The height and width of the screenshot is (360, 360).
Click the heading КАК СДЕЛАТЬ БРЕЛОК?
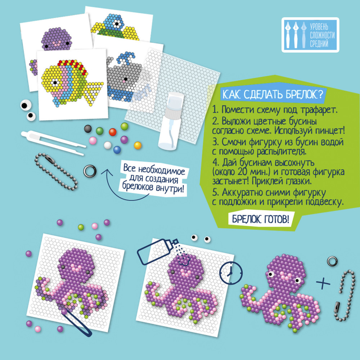273,94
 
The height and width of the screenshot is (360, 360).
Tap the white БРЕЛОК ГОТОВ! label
260,219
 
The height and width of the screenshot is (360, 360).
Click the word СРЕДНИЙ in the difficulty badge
319,44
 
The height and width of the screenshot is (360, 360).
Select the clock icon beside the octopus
231,273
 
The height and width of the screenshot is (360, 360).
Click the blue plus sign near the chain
323,283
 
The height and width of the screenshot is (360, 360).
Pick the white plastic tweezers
53,142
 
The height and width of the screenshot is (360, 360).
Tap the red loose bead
112,132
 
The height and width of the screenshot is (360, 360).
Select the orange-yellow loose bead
138,145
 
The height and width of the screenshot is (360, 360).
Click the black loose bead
88,129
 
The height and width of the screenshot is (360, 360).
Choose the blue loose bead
117,150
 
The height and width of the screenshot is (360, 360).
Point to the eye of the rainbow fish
55,83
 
